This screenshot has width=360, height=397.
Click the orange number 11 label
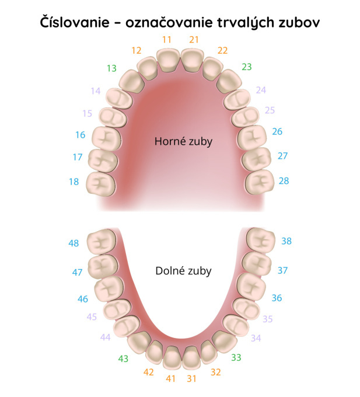(167, 40)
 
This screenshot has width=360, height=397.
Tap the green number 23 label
(247, 67)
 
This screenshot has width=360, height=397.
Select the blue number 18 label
(74, 182)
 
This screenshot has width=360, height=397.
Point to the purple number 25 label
(270, 110)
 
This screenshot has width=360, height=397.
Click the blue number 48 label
(74, 243)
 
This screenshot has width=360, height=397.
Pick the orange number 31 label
(191, 379)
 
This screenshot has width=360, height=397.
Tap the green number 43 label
(123, 359)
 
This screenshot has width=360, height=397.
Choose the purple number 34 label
(256, 338)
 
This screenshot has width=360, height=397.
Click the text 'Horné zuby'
(183, 141)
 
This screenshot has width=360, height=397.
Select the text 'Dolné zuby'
(183, 271)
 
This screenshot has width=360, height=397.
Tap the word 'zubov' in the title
(299, 22)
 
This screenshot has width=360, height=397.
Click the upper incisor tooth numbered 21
(193, 60)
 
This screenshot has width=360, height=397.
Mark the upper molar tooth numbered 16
(106, 139)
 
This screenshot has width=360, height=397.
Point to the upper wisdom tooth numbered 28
(260, 182)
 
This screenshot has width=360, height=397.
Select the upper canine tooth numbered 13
(131, 81)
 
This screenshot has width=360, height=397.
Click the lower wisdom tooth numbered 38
(261, 240)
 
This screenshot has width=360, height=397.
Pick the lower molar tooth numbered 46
(109, 288)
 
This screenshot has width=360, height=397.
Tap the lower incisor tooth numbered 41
(172, 357)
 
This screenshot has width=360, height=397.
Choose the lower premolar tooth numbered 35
(246, 309)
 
